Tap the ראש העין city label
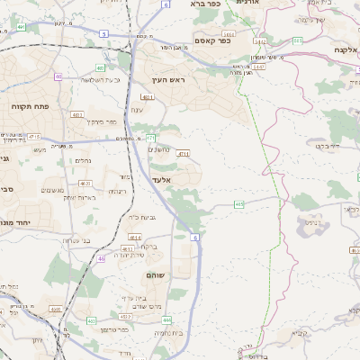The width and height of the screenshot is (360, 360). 169,79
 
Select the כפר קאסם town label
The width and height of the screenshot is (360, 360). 212,40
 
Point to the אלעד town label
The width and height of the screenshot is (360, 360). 161,180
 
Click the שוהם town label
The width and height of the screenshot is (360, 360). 154,274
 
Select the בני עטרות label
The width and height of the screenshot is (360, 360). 77,239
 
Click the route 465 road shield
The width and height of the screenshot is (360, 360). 238,205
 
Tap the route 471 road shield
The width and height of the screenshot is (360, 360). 151,138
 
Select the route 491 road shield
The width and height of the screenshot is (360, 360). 20,28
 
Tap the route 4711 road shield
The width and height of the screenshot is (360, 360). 183,154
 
